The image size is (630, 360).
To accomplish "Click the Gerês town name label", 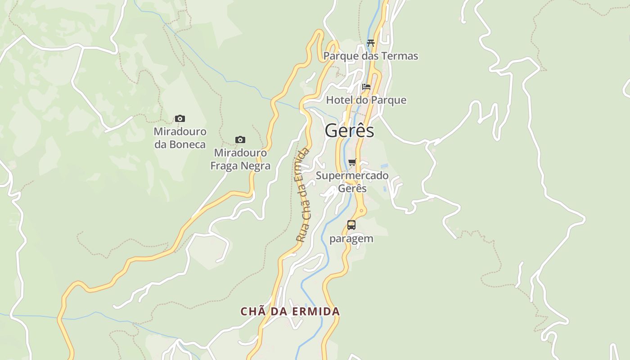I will click(x=349, y=130).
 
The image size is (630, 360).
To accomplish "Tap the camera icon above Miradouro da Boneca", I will click(x=180, y=119).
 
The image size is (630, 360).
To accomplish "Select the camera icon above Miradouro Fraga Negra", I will click(x=240, y=140).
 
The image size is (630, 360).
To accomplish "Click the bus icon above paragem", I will click(x=351, y=225).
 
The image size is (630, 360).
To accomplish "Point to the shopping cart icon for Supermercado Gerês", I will click(x=352, y=162).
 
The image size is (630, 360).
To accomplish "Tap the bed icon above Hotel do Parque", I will click(x=366, y=87).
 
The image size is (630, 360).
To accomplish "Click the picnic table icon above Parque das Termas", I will click(x=371, y=43).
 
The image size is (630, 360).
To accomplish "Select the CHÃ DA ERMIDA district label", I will click(x=290, y=311).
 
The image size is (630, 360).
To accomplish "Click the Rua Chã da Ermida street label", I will click(x=303, y=195).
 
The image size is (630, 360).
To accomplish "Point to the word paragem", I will click(x=351, y=238).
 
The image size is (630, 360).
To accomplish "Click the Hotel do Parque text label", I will click(x=366, y=100).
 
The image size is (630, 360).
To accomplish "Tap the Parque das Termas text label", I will click(x=371, y=56).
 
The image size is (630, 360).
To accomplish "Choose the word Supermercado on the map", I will click(x=352, y=175).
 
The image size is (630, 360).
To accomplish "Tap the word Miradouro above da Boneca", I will click(x=180, y=132).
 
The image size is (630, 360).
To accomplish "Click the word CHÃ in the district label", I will click(x=250, y=311).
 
